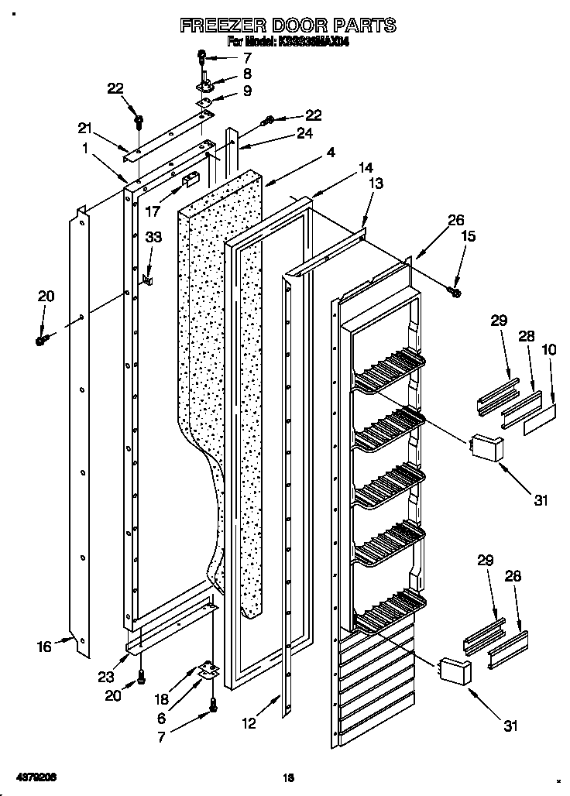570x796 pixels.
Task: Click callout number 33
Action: pos(154,238)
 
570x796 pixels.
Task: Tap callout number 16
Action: pos(45,647)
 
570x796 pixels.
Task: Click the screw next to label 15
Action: pos(455,291)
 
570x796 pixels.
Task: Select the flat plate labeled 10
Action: pos(539,422)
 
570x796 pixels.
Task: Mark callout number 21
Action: pos(84,127)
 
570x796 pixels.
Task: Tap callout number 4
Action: pos(331,153)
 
